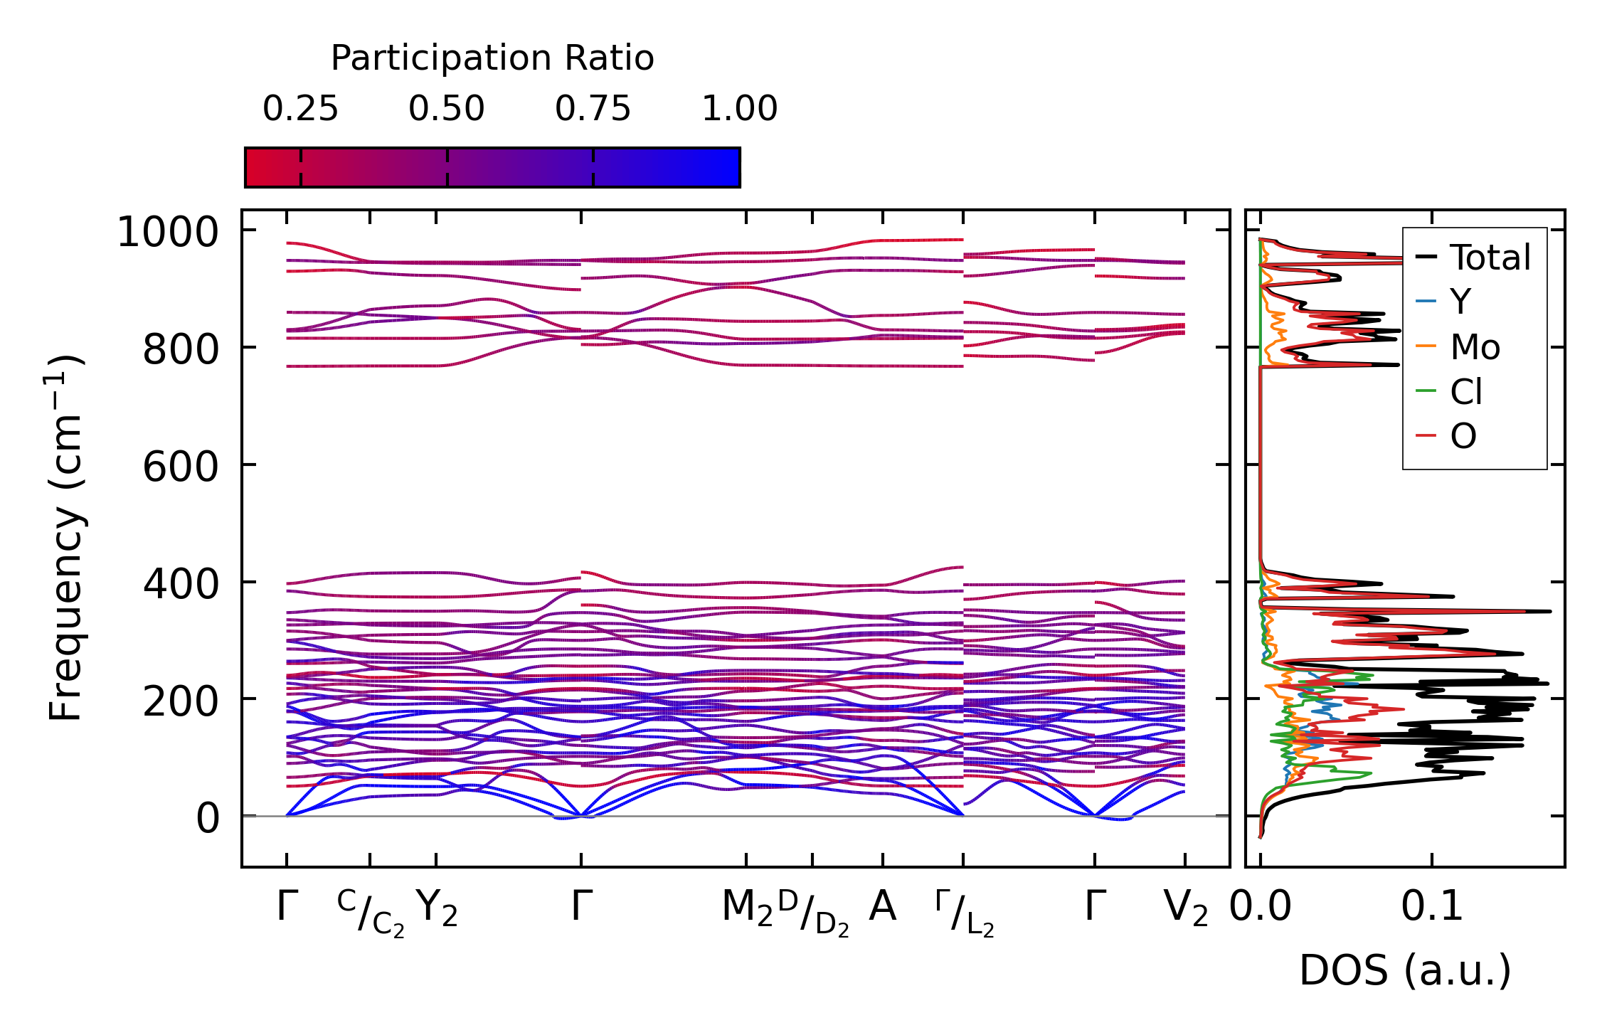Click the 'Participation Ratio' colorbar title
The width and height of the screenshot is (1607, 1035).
[x=492, y=58]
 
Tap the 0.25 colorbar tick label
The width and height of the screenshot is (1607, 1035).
[x=300, y=110]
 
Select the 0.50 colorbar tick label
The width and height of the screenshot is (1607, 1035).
[x=447, y=110]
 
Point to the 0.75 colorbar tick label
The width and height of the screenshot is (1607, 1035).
[x=593, y=110]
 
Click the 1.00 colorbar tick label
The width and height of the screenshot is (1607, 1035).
[x=740, y=110]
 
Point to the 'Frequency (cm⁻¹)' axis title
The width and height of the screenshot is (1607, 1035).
[x=67, y=538]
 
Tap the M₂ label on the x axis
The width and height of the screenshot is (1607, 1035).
[x=747, y=908]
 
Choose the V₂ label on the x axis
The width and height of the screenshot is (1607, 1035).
[x=1186, y=908]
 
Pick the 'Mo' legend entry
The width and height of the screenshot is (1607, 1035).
[x=1475, y=347]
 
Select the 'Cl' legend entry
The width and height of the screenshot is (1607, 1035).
[x=1466, y=392]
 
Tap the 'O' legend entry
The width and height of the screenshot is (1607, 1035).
[x=1463, y=436]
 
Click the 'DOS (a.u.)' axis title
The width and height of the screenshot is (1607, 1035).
[x=1405, y=971]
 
